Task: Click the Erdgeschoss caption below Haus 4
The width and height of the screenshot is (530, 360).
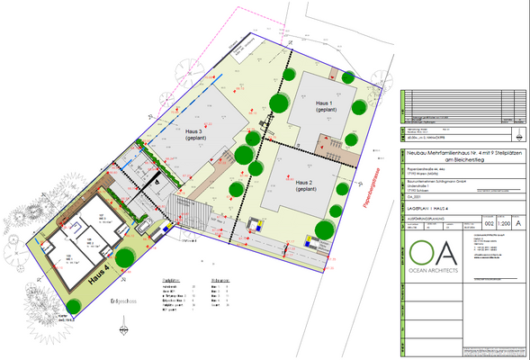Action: tap(124, 301)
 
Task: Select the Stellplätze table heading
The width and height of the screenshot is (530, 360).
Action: tap(173, 281)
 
